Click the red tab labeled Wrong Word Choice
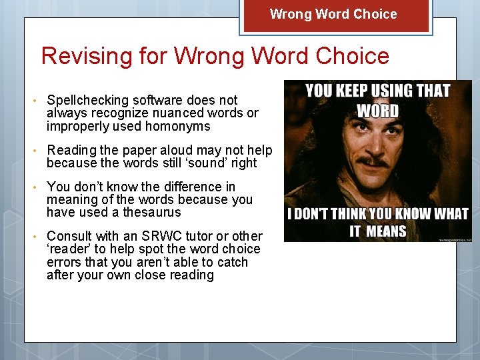pos(333,15)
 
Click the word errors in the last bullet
pos(67,262)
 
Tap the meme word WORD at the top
pos(377,111)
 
